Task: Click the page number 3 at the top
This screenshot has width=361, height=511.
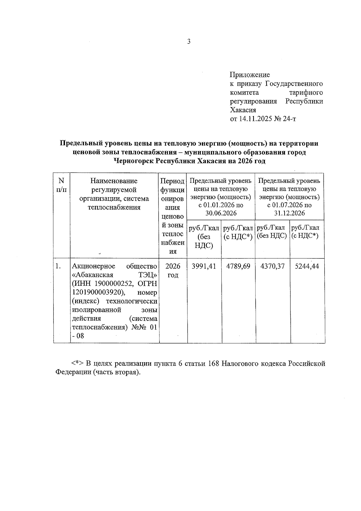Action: click(189, 42)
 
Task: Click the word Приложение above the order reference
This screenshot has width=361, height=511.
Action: click(250, 75)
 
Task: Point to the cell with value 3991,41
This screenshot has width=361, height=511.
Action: click(204, 266)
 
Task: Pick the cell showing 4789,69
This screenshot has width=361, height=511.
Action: click(238, 266)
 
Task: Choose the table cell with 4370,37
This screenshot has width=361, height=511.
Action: click(272, 266)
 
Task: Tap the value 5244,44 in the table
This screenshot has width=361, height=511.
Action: click(307, 266)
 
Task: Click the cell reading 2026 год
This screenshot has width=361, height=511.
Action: click(173, 270)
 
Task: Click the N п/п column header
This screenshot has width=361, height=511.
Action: click(61, 185)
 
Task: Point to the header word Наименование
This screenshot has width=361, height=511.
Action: click(114, 181)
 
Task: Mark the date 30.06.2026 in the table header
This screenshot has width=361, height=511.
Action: click(221, 213)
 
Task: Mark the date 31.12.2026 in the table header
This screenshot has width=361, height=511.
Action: click(289, 213)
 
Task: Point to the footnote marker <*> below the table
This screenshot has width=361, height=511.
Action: click(78, 363)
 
